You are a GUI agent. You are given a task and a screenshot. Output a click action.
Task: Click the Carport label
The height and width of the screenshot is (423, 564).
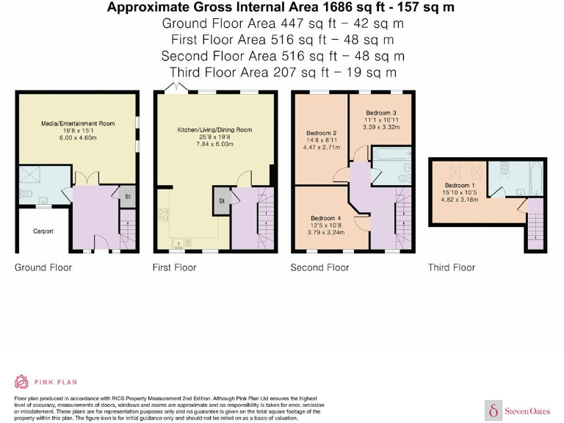[x=43, y=231]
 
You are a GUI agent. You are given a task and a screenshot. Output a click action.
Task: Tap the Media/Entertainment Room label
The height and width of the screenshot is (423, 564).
[x=78, y=123]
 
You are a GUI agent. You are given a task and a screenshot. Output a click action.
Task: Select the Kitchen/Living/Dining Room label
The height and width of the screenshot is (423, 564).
[x=214, y=130]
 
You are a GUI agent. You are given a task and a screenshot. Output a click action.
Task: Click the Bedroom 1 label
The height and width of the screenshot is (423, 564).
[x=460, y=185]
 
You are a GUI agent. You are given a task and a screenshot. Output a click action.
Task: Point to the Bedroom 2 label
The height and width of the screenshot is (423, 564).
[x=322, y=133]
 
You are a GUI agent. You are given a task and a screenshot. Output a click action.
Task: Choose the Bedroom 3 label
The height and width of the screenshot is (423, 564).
[x=381, y=113]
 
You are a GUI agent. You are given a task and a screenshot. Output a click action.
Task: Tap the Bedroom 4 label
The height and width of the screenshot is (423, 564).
[x=326, y=218]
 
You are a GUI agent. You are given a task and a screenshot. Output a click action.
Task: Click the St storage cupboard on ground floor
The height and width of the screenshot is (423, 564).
[x=127, y=197]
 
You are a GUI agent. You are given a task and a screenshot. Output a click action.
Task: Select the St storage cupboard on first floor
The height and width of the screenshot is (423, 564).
[x=222, y=200]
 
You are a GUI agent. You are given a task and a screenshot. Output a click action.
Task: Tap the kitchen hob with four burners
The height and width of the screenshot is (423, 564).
[x=163, y=214]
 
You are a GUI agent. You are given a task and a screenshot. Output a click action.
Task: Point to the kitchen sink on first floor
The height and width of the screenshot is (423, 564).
[x=178, y=244]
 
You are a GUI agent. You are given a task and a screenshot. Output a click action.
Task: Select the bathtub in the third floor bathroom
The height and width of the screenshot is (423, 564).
[x=536, y=178]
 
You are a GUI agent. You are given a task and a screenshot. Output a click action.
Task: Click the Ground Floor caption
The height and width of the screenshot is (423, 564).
[x=43, y=267]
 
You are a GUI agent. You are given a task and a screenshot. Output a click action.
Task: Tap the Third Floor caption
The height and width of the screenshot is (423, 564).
[x=452, y=267]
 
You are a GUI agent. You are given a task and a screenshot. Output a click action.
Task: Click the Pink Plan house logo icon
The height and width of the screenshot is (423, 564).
[x=21, y=382]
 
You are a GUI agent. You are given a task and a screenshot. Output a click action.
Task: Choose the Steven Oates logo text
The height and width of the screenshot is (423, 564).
[x=527, y=411]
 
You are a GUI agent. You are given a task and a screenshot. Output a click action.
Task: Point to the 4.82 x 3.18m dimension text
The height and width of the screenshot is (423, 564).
[x=460, y=200]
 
